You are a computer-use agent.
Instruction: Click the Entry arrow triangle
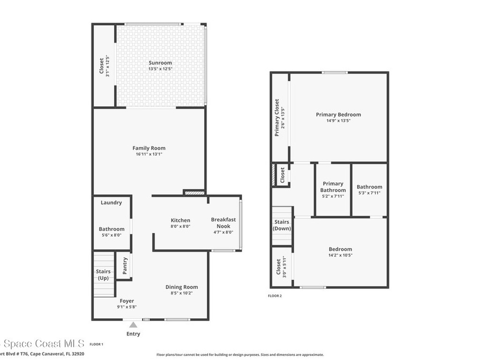[134, 325]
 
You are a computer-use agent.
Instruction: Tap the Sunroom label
[160, 63]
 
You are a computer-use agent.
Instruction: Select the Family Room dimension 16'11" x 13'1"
[149, 155]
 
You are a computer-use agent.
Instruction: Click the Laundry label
[111, 203]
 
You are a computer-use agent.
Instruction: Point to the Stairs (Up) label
[103, 275]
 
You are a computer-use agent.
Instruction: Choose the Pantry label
[125, 266]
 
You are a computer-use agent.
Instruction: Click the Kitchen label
[180, 220]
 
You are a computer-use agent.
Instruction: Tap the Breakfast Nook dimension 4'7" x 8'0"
[223, 232]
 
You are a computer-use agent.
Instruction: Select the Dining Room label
[181, 287]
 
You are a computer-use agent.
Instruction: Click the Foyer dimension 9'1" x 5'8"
[127, 307]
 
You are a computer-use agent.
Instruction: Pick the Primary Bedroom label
[338, 114]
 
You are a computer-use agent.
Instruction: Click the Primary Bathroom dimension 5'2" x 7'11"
[333, 196]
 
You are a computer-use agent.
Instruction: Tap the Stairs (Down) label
[282, 225]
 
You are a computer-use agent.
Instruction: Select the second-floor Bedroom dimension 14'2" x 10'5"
[340, 255]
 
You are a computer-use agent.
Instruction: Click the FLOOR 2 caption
[275, 296]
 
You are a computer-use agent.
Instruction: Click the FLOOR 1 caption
[96, 344]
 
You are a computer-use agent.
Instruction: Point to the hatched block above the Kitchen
[194, 192]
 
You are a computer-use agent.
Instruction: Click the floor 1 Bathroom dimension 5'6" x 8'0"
[112, 235]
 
